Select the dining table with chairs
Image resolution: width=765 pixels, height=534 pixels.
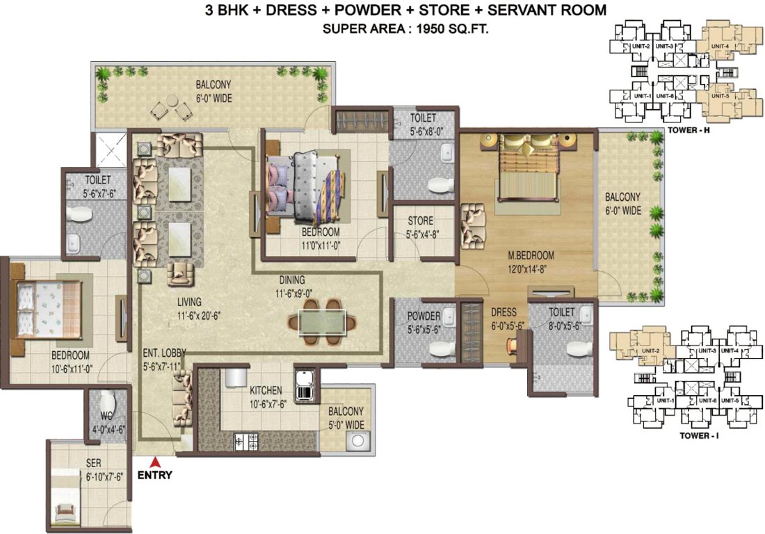(321, 321)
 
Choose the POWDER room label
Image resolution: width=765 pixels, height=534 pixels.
(424, 317)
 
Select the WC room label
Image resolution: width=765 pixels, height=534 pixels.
(106, 416)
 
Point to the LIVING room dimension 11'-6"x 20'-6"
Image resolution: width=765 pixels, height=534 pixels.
(180, 314)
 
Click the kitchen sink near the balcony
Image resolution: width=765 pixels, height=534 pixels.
(305, 387)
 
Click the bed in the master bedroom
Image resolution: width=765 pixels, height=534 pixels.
(526, 167)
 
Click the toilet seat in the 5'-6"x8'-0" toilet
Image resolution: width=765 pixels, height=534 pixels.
(439, 185)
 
